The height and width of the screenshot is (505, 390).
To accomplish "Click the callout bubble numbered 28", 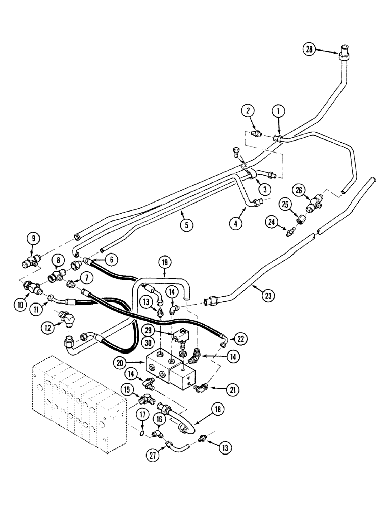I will point(309,49).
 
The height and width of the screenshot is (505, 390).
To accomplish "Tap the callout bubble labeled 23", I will point(268,296).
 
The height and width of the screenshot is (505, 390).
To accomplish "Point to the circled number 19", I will point(165,263).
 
